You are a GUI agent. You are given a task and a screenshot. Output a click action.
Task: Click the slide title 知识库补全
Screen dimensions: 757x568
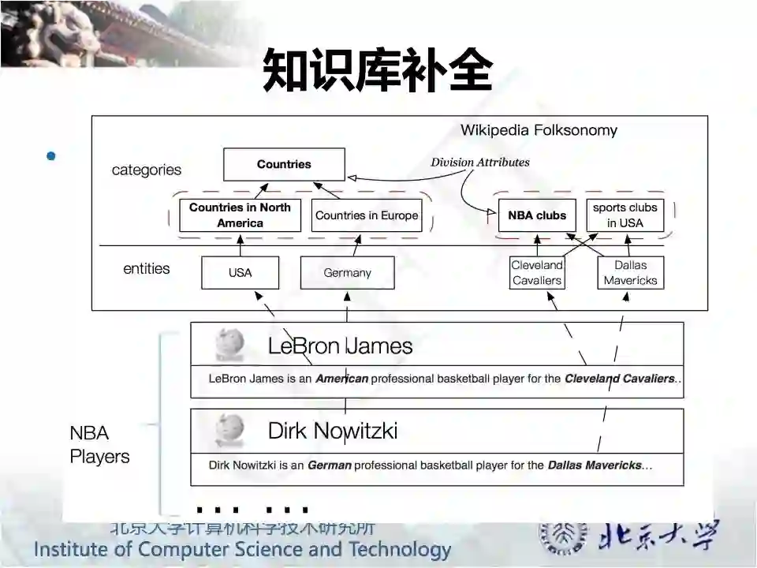click(378, 71)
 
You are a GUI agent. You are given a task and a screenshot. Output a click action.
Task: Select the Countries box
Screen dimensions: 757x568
click(284, 165)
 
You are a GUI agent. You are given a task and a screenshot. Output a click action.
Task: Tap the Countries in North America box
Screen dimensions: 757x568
click(240, 215)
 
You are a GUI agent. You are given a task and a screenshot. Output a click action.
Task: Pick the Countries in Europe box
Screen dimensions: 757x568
click(367, 215)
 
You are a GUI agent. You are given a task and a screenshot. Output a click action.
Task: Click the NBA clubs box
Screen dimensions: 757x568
click(537, 215)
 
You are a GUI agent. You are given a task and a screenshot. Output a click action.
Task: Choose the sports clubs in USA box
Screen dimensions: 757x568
click(625, 215)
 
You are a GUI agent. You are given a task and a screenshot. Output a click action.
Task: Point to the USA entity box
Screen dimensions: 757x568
click(240, 273)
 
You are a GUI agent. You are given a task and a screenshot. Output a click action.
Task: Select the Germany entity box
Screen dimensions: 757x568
click(347, 273)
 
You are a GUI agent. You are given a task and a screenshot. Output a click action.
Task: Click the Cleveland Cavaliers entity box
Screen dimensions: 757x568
click(537, 273)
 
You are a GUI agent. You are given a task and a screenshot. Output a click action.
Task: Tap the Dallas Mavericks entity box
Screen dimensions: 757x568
click(630, 273)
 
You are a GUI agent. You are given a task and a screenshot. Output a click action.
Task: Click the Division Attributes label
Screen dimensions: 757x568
click(479, 163)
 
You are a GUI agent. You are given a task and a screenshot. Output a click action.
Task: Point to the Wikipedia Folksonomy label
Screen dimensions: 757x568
click(539, 130)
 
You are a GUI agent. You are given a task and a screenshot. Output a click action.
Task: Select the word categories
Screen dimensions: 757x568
click(146, 170)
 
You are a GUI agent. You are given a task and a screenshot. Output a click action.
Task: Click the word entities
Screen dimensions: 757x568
click(146, 269)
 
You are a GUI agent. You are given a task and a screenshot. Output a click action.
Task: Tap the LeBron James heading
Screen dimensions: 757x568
click(340, 346)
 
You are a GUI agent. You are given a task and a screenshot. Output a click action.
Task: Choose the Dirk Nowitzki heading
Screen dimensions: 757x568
click(332, 431)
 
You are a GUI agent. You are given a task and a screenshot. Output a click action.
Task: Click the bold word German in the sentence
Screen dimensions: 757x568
click(329, 465)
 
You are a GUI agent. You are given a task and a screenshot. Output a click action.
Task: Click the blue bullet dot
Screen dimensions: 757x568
click(51, 156)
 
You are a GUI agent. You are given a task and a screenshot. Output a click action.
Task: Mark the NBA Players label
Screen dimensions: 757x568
click(99, 445)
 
